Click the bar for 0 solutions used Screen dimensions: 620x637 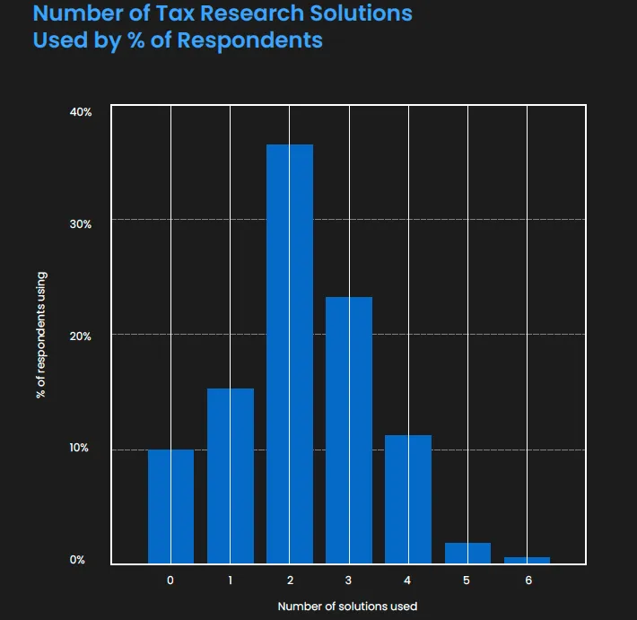tap(170, 506)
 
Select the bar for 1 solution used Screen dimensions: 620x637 tap(231, 476)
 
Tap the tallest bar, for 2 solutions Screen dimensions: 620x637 tap(290, 354)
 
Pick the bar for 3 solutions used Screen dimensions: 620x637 tap(349, 430)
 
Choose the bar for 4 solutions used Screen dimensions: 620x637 tap(408, 499)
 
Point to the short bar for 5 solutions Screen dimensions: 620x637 tap(467, 553)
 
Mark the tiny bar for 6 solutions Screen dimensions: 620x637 tap(527, 560)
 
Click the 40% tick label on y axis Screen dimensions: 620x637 tap(81, 112)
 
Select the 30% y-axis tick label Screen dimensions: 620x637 tap(81, 224)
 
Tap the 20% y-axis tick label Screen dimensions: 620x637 tap(81, 336)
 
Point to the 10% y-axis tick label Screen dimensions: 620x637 tap(81, 449)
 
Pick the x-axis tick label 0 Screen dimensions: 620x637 tap(170, 581)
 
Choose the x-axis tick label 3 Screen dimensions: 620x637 tap(349, 581)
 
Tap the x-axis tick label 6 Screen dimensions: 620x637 tap(528, 581)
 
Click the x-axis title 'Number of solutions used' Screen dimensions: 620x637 tap(347, 607)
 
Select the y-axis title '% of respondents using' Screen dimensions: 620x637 tap(41, 336)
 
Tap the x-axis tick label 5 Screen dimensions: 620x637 tap(467, 581)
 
